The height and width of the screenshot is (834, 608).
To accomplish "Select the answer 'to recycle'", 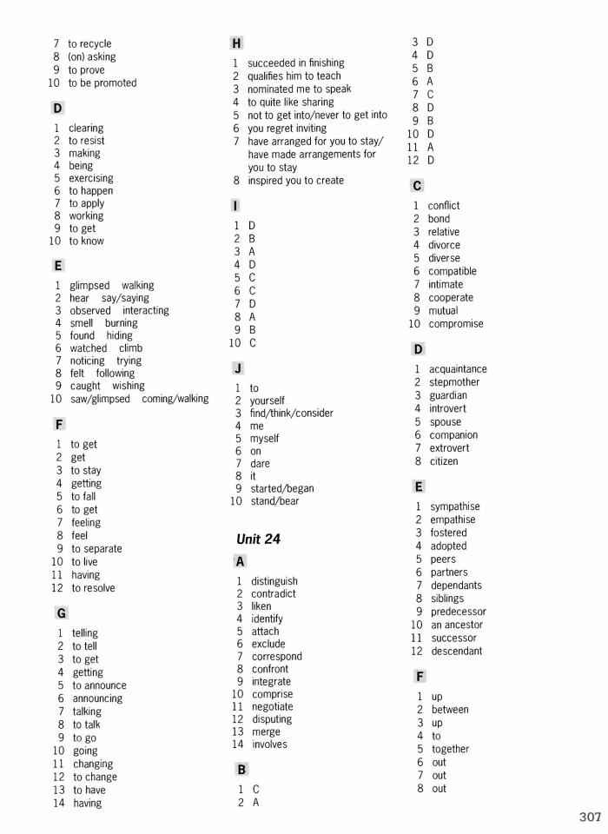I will pyautogui.click(x=89, y=43).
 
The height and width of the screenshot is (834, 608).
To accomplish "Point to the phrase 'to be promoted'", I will pyautogui.click(x=102, y=83).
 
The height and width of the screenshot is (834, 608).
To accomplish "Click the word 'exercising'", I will pyautogui.click(x=91, y=178).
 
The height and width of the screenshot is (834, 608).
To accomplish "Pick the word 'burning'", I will pyautogui.click(x=120, y=322).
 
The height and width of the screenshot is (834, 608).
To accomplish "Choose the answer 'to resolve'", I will pyautogui.click(x=93, y=587).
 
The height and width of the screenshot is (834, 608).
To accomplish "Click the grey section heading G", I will pyautogui.click(x=57, y=612).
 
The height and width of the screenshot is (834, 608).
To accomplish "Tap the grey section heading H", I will pyautogui.click(x=235, y=42).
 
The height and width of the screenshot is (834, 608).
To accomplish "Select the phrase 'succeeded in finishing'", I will pyautogui.click(x=295, y=63).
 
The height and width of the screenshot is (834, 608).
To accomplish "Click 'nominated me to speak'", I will pyautogui.click(x=299, y=89).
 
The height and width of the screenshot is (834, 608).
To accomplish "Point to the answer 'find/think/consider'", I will pyautogui.click(x=291, y=413).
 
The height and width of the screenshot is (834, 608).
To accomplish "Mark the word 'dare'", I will pyautogui.click(x=260, y=463).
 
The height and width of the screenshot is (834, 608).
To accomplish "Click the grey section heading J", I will pyautogui.click(x=235, y=368).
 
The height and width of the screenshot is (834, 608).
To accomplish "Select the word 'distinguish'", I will pyautogui.click(x=274, y=580).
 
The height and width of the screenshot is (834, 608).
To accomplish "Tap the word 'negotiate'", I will pyautogui.click(x=272, y=706).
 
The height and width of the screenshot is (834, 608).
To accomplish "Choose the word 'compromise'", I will pyautogui.click(x=455, y=323).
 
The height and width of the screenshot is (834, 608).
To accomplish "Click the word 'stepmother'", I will pyautogui.click(x=453, y=382).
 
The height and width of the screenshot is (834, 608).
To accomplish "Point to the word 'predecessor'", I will pyautogui.click(x=459, y=612).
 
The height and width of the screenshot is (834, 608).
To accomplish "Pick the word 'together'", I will pyautogui.click(x=450, y=749).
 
